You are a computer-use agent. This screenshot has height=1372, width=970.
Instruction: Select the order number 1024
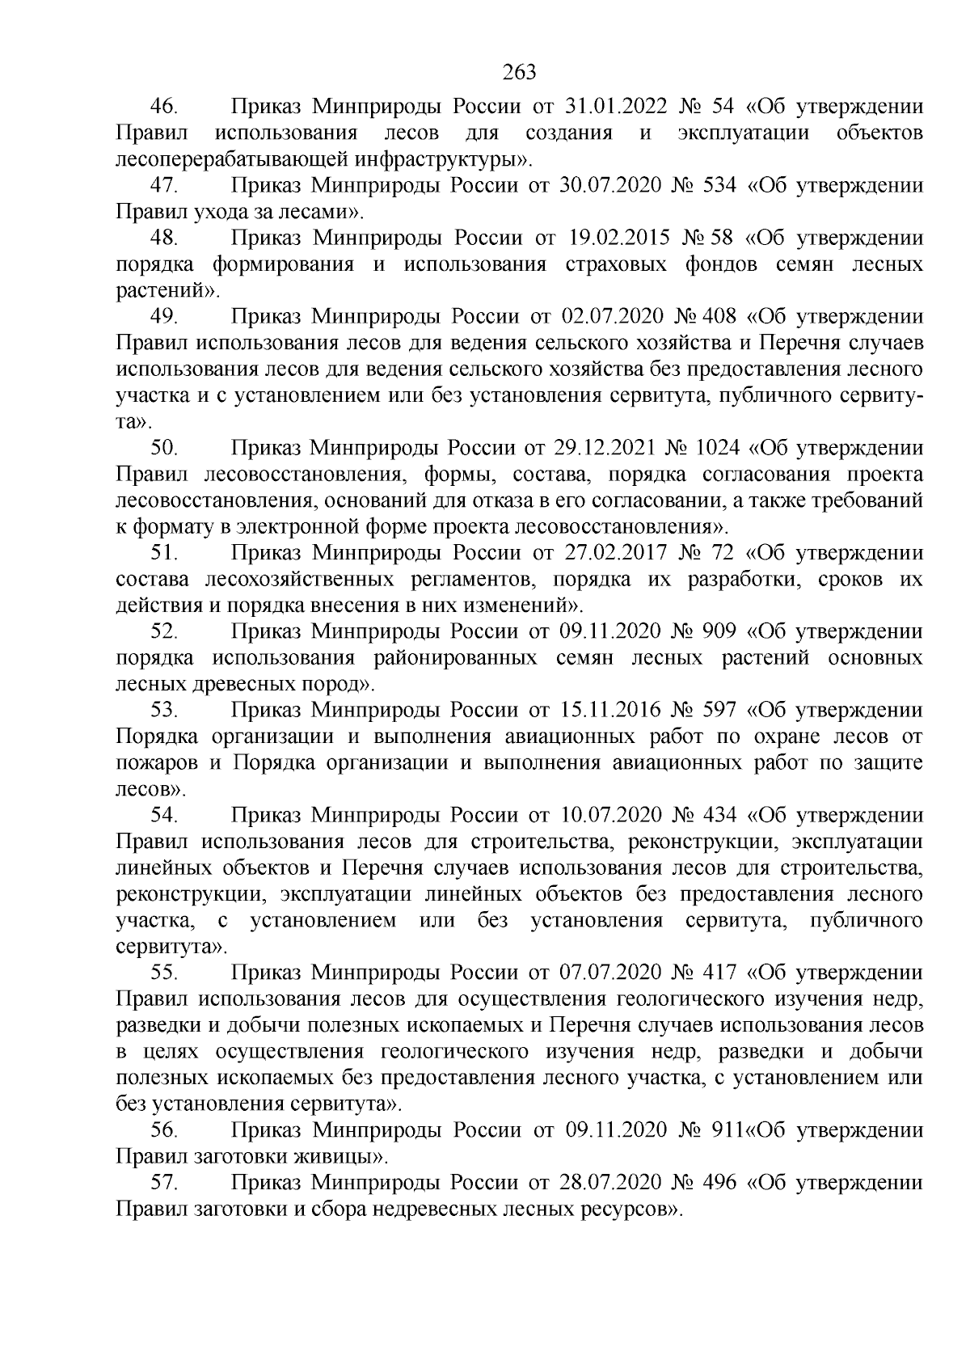pyautogui.click(x=721, y=449)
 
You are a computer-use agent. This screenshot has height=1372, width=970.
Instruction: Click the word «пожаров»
pyautogui.click(x=158, y=763)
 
